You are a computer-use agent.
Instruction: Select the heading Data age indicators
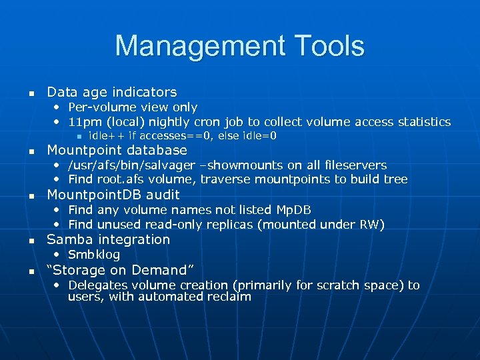click(x=112, y=92)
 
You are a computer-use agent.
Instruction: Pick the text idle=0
click(x=259, y=136)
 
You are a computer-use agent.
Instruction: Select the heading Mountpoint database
click(x=117, y=150)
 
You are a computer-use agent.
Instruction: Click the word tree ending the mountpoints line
click(x=395, y=179)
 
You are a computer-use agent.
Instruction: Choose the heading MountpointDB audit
click(x=113, y=195)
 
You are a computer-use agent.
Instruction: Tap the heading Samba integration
click(x=109, y=239)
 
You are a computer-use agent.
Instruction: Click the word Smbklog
click(x=94, y=255)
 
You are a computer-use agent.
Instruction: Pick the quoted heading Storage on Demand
click(x=120, y=270)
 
